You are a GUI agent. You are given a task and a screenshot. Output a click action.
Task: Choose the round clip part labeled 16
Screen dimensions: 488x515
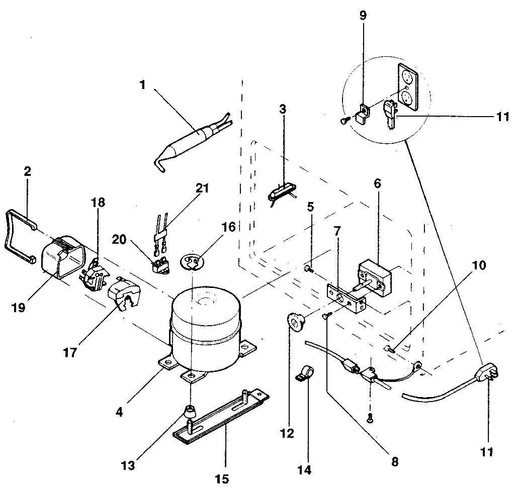[x=193, y=261]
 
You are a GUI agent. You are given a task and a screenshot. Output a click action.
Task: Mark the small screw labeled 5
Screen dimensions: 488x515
[x=308, y=270]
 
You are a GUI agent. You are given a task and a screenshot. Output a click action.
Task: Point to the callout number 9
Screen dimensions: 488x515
[x=363, y=16]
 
